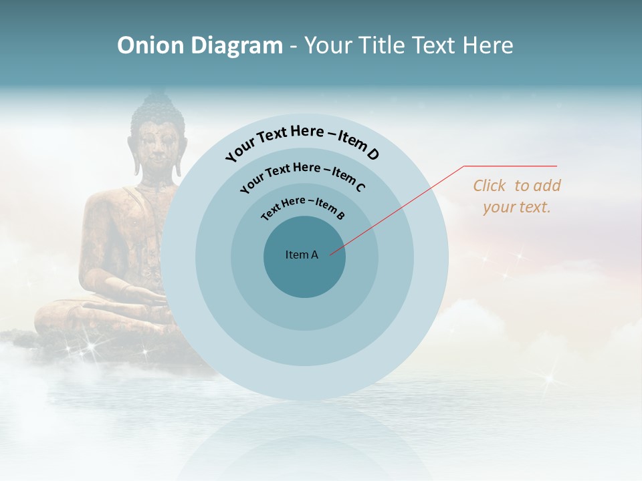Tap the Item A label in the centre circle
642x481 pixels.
click(302, 255)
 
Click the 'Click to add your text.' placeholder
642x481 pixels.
click(517, 196)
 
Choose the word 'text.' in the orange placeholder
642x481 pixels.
click(534, 207)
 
